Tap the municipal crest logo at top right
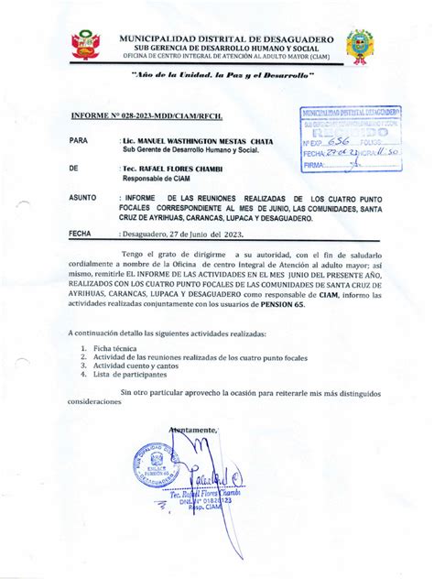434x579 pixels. click(x=359, y=46)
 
